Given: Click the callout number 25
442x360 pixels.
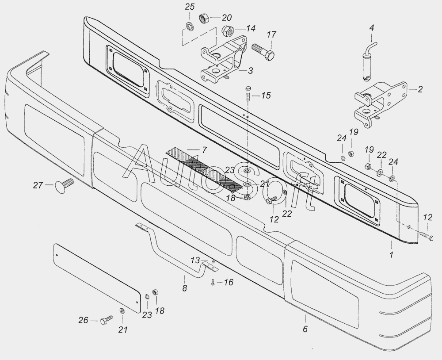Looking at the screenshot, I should click(189, 7).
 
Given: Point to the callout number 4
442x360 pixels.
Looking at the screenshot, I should click(372, 27).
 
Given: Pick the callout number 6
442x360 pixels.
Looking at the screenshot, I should click(305, 329).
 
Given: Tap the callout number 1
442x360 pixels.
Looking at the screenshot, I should click(391, 255).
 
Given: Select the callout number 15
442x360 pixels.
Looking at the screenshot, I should click(266, 96).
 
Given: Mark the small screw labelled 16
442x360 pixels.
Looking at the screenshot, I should click(213, 282).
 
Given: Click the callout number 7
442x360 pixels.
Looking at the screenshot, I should click(204, 150).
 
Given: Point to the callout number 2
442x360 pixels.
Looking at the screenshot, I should click(420, 89).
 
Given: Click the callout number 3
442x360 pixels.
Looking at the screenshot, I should click(250, 70).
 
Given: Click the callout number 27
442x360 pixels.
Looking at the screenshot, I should click(38, 185).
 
